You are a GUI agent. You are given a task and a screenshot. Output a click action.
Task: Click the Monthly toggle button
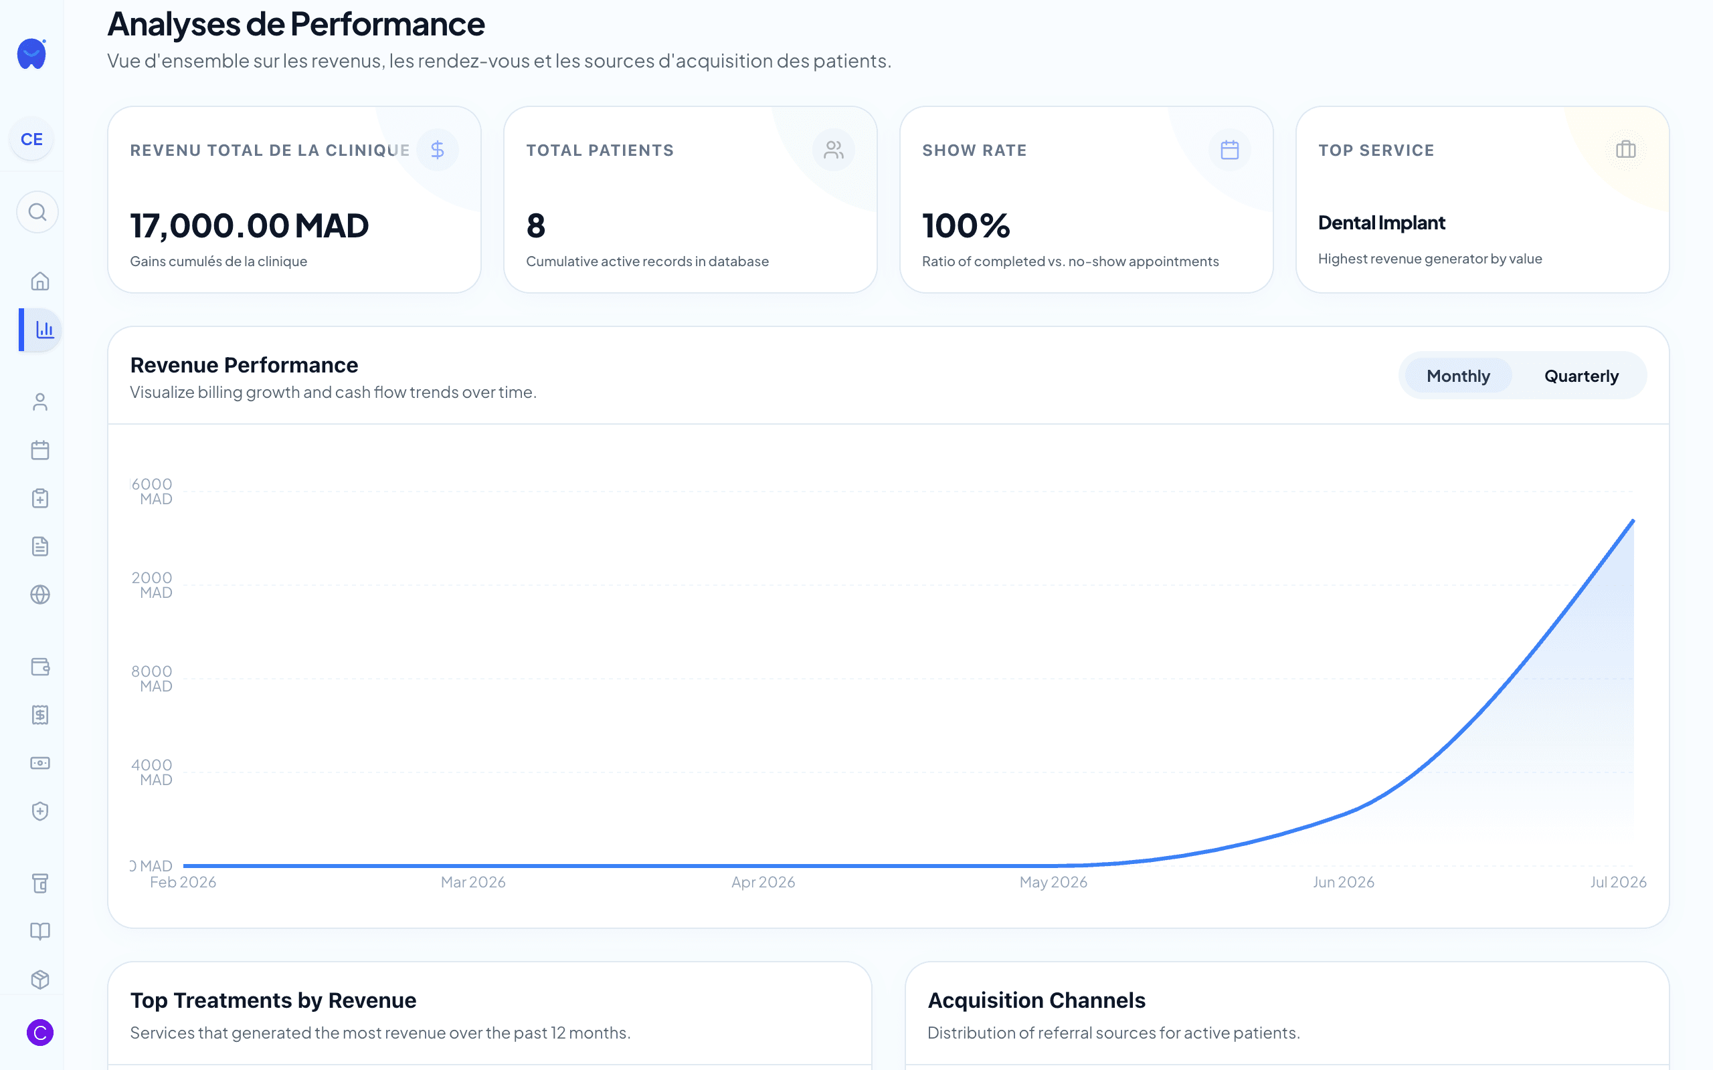coord(1458,376)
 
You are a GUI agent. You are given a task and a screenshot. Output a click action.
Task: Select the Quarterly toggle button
coord(1581,376)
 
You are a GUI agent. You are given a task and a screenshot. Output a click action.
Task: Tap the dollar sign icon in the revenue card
coord(438,150)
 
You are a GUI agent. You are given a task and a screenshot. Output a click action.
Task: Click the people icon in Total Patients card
coord(833,150)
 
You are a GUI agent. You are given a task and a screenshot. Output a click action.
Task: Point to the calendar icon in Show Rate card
coord(1229,150)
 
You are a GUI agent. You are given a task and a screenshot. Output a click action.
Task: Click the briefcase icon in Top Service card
coord(1626,150)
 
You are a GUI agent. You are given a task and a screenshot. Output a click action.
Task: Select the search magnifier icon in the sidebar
coord(37,212)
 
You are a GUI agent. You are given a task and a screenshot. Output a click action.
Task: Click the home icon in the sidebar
coord(40,282)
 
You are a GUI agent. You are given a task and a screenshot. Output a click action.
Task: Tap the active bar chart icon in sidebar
coord(45,330)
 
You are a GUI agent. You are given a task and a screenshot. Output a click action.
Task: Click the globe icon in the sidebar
coord(40,595)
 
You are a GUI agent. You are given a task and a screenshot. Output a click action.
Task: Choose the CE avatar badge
coord(32,139)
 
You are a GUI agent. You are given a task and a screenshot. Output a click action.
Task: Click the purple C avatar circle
coord(40,1033)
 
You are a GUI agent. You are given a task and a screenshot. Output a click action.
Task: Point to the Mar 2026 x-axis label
coord(473,883)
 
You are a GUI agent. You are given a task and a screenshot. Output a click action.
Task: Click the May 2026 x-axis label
coord(1053,883)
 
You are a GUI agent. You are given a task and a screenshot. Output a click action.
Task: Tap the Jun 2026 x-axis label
coord(1344,883)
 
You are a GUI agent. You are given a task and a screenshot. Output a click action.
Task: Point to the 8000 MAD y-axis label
coord(151,678)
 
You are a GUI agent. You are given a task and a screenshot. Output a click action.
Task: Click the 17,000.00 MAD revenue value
coord(249,226)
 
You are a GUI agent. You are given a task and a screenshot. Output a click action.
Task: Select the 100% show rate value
coord(966,226)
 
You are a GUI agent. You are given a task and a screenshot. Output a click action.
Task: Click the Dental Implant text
coord(1381,223)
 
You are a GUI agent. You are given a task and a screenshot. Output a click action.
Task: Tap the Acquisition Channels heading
coord(1036,1000)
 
